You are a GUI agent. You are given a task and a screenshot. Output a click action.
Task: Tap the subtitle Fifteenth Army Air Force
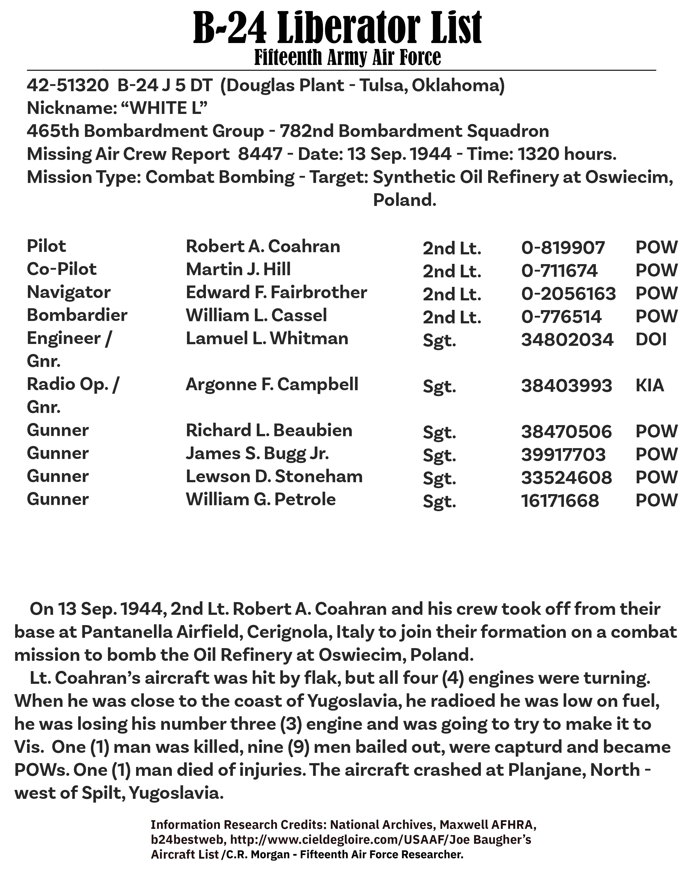347,57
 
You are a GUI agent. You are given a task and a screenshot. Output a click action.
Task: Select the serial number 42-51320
67,86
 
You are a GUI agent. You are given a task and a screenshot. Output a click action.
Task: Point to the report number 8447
260,154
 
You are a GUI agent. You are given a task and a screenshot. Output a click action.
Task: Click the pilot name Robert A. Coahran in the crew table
263,247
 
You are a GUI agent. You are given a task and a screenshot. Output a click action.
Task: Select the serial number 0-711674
559,271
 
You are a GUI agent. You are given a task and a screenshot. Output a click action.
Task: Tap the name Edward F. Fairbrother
276,292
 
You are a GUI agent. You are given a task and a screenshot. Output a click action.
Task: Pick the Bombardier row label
77,315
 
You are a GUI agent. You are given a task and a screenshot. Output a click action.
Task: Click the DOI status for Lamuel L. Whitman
651,339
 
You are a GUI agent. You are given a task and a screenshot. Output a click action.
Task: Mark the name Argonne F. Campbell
272,385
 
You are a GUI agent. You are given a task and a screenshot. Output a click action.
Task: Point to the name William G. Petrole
260,500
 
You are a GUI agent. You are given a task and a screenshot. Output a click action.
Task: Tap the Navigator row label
69,292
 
